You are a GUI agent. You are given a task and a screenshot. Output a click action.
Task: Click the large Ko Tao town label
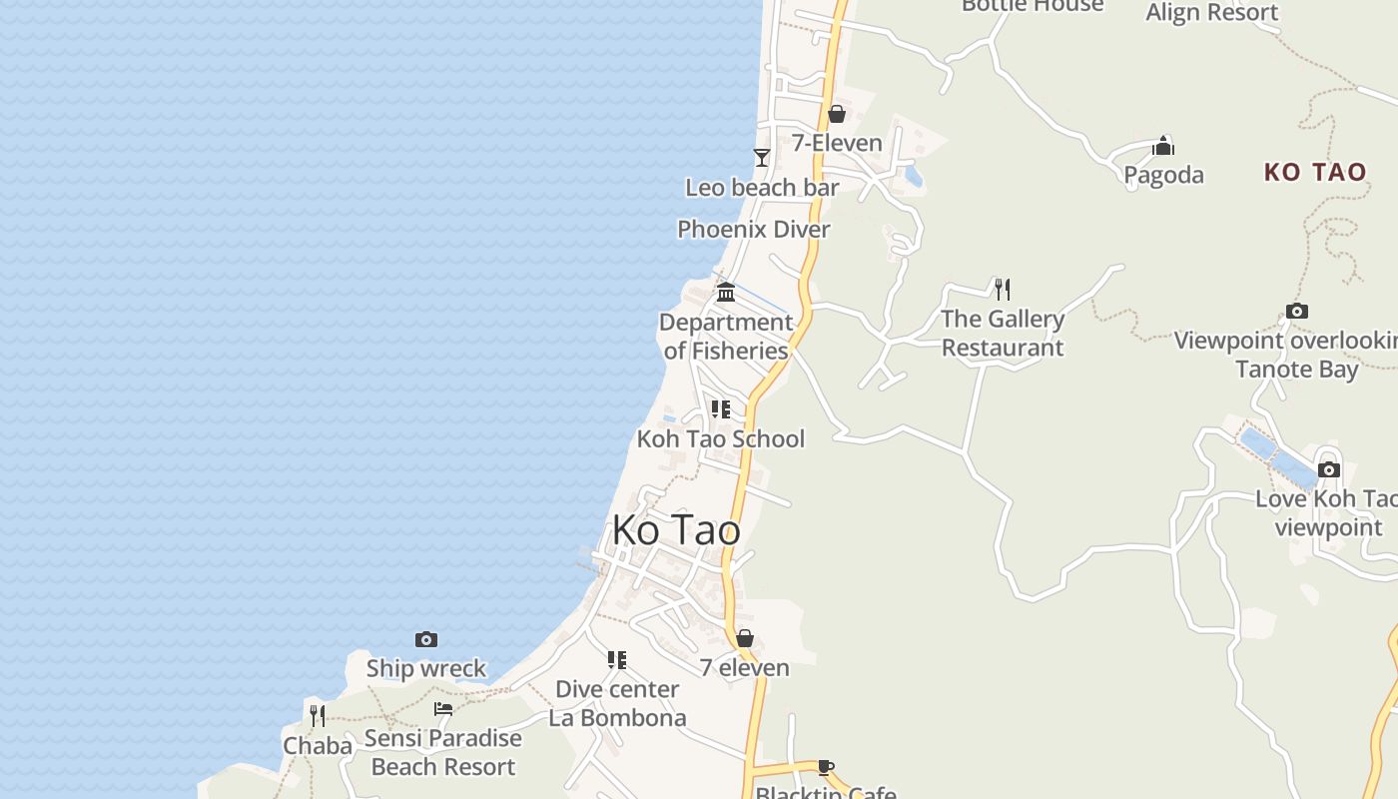point(676,530)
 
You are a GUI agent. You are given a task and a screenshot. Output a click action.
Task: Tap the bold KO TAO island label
point(1314,172)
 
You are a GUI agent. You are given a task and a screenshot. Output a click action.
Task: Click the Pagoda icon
point(1163,147)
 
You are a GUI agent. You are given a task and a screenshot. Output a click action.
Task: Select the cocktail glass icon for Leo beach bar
point(762,158)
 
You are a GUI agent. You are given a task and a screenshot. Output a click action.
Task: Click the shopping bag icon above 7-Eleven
point(837,114)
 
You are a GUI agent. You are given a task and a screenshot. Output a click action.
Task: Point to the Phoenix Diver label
point(754,230)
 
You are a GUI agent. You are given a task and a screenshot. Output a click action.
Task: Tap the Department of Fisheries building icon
point(726,293)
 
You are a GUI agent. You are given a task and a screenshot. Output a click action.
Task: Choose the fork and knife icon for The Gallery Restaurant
point(1003,290)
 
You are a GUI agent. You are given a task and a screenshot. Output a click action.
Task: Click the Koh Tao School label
point(720,439)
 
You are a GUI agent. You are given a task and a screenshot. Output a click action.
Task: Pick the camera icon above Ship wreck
point(426,639)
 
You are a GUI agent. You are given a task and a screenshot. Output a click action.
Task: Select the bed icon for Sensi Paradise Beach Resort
point(443,709)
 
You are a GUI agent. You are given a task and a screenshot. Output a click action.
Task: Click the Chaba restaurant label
point(318,746)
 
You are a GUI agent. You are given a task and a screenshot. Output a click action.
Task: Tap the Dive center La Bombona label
point(617,703)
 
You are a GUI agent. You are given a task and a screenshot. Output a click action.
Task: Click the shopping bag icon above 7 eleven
point(745,639)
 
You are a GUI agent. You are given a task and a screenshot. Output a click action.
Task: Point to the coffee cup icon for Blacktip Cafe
point(826,767)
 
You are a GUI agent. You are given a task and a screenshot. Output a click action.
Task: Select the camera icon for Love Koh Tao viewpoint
point(1328,469)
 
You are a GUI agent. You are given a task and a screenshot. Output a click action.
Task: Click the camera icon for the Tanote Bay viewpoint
point(1297,312)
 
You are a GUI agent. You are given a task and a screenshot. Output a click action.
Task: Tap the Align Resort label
point(1211,13)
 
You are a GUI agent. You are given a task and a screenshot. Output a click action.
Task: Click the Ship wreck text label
point(426,668)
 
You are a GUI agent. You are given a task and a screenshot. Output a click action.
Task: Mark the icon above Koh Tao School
point(720,409)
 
